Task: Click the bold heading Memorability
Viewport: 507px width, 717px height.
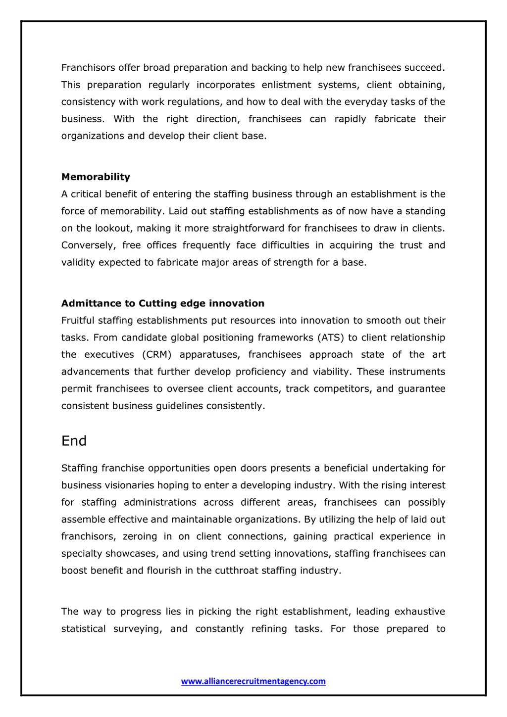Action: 96,177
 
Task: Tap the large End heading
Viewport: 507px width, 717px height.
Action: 74,441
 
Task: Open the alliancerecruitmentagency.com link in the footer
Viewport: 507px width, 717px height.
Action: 253,681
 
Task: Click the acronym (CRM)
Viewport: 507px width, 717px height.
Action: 156,355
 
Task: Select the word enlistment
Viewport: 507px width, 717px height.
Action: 286,85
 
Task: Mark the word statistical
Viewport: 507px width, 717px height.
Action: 83,629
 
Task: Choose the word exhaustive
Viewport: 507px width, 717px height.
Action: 419,612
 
